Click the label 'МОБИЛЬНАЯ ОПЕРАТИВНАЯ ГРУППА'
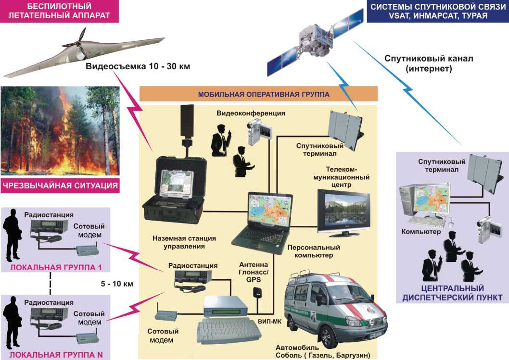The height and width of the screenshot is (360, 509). [258, 94]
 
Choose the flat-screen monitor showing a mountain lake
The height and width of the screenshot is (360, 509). [344, 211]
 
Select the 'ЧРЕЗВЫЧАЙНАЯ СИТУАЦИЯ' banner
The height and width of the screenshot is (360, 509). [60, 186]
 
